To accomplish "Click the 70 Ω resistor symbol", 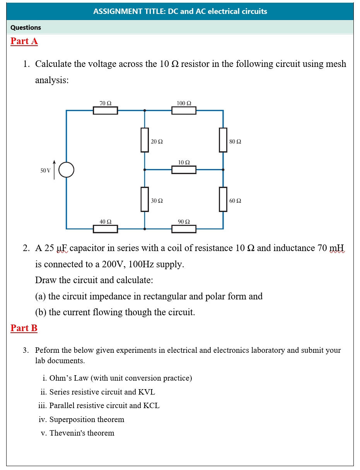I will click(x=105, y=111).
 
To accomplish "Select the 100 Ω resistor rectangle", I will click(x=184, y=111).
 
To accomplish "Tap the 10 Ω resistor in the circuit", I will click(x=184, y=169).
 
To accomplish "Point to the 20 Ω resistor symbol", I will click(x=145, y=140).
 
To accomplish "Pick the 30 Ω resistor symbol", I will click(x=145, y=199).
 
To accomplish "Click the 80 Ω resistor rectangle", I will click(x=223, y=140).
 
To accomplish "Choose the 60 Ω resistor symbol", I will click(x=223, y=199).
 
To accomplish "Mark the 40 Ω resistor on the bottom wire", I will click(x=105, y=229).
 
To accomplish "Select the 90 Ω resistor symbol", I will click(x=184, y=229).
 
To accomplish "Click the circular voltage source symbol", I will click(x=67, y=169).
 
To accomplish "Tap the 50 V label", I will click(x=46, y=171).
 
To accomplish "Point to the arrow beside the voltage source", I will click(x=54, y=169).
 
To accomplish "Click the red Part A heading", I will click(x=24, y=41).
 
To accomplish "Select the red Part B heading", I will click(x=24, y=328).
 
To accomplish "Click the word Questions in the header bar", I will click(x=26, y=27).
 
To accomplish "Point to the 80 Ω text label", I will click(x=235, y=142).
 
